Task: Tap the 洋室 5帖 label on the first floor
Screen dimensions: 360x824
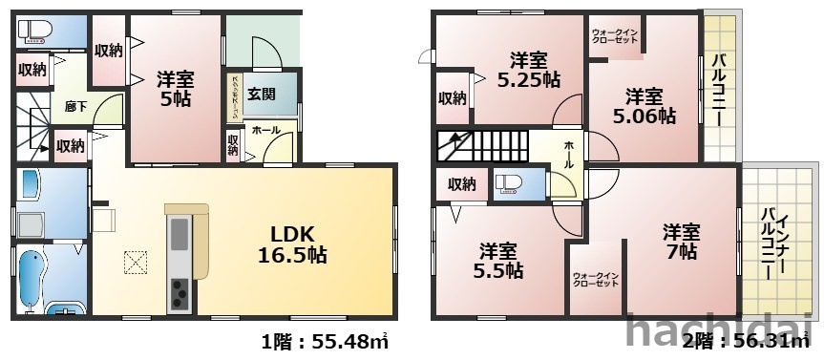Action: point(173,89)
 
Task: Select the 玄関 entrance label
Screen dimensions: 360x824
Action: point(262,94)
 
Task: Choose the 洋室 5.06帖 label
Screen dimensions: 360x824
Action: point(644,106)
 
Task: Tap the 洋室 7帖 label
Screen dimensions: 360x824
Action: point(681,242)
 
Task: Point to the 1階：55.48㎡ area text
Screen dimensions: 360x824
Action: point(324,341)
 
